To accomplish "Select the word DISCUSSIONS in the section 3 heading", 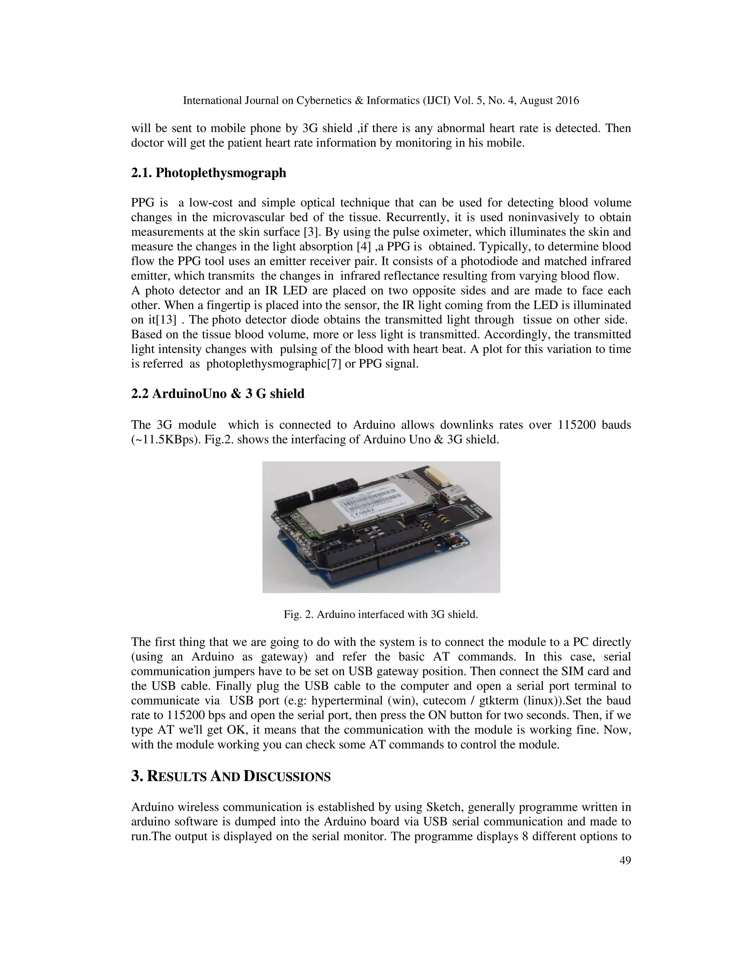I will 287,777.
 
